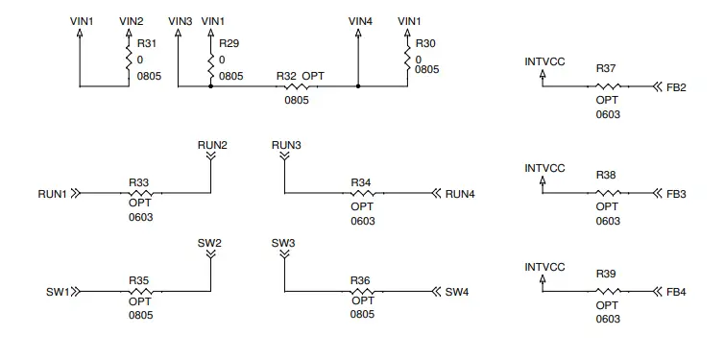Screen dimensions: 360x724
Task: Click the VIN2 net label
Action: pos(131,20)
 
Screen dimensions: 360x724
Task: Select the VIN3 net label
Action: pos(180,20)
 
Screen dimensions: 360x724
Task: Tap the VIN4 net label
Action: pos(359,20)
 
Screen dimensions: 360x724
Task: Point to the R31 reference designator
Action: pos(146,43)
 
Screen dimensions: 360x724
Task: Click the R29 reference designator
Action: pos(228,43)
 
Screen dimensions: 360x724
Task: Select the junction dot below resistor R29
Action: pos(211,87)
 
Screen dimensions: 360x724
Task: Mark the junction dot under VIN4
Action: pos(358,87)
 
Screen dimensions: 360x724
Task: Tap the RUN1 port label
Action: pos(52,193)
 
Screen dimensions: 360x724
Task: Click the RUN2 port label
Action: pos(212,145)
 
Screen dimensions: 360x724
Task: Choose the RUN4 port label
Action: pos(460,193)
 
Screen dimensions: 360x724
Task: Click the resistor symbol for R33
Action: pos(139,193)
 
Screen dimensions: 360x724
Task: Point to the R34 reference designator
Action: pos(361,181)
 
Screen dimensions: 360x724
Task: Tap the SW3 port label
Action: pos(283,243)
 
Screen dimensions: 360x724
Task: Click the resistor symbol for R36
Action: pos(362,291)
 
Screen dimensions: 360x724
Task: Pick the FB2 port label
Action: pos(676,87)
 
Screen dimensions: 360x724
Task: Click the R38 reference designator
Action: pos(606,176)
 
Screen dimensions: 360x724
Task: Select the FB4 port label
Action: pos(676,291)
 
